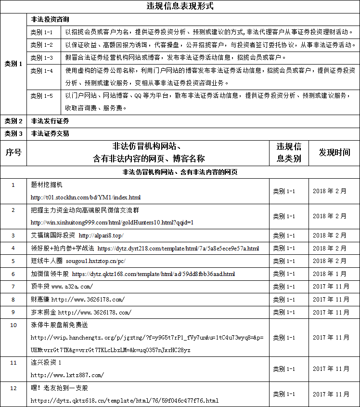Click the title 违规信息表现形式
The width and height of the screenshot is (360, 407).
coord(180,6)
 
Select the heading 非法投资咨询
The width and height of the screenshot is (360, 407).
coord(50,20)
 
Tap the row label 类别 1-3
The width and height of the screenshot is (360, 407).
coord(41,58)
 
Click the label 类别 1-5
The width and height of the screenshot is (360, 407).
coord(41,96)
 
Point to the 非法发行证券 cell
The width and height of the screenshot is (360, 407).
coord(50,120)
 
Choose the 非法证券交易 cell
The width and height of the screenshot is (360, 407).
coord(50,133)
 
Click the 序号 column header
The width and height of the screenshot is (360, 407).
coord(13,152)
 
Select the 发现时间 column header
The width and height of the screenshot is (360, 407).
coord(334,152)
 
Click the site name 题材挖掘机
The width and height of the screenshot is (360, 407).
coord(47,185)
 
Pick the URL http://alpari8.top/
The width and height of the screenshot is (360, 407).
coord(101,236)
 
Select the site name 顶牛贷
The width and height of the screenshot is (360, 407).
coord(40,287)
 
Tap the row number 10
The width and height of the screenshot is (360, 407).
coord(13,325)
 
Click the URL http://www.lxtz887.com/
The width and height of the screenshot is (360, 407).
coord(67,375)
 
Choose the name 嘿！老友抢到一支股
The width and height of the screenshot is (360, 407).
coord(60,388)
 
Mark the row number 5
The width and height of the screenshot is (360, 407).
coord(13,261)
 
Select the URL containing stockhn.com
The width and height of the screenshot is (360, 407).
coord(86,197)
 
